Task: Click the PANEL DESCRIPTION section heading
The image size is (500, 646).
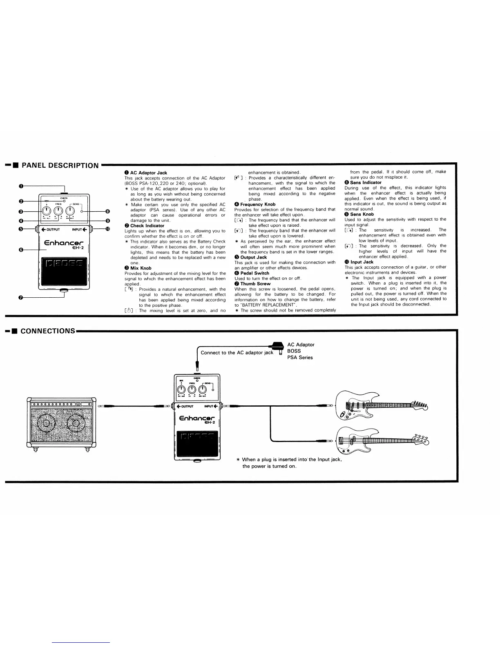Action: click(x=60, y=166)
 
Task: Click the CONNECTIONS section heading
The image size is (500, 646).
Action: click(x=48, y=331)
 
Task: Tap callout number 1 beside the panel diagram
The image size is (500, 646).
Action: click(x=20, y=186)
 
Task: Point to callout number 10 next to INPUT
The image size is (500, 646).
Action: click(x=107, y=229)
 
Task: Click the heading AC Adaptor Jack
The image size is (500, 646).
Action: click(x=148, y=173)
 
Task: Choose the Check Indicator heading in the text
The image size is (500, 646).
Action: click(x=147, y=226)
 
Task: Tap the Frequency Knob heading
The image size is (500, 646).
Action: click(x=258, y=204)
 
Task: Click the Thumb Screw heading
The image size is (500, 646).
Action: click(x=255, y=284)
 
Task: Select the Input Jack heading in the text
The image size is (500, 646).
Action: click(x=362, y=262)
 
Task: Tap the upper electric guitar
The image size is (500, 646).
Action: click(x=380, y=405)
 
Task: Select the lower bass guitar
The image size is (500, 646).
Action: click(x=380, y=440)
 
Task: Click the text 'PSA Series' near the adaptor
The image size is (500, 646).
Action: click(x=300, y=358)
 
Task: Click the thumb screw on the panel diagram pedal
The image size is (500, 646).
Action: click(x=64, y=290)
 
